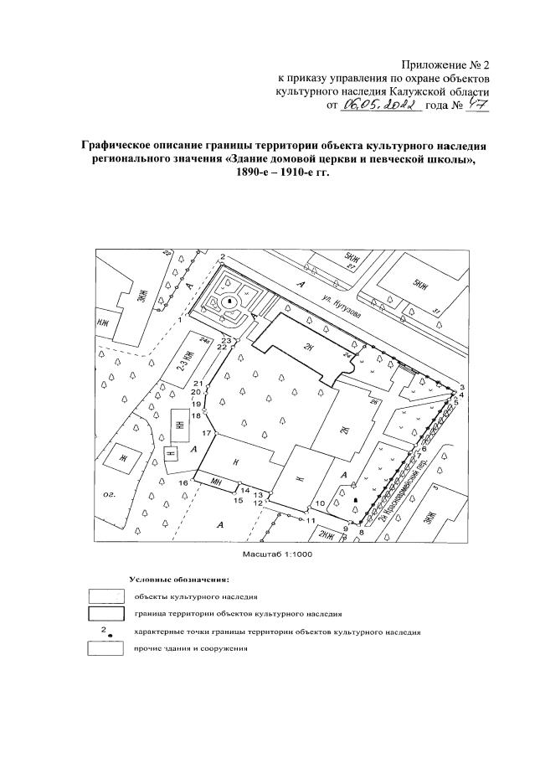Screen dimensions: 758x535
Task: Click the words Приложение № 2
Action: (445, 64)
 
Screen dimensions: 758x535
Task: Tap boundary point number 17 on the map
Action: (205, 432)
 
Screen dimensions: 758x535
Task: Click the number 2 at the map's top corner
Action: (222, 255)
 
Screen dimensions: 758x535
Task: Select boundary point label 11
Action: (310, 520)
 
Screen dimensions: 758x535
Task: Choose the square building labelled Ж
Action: (122, 458)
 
